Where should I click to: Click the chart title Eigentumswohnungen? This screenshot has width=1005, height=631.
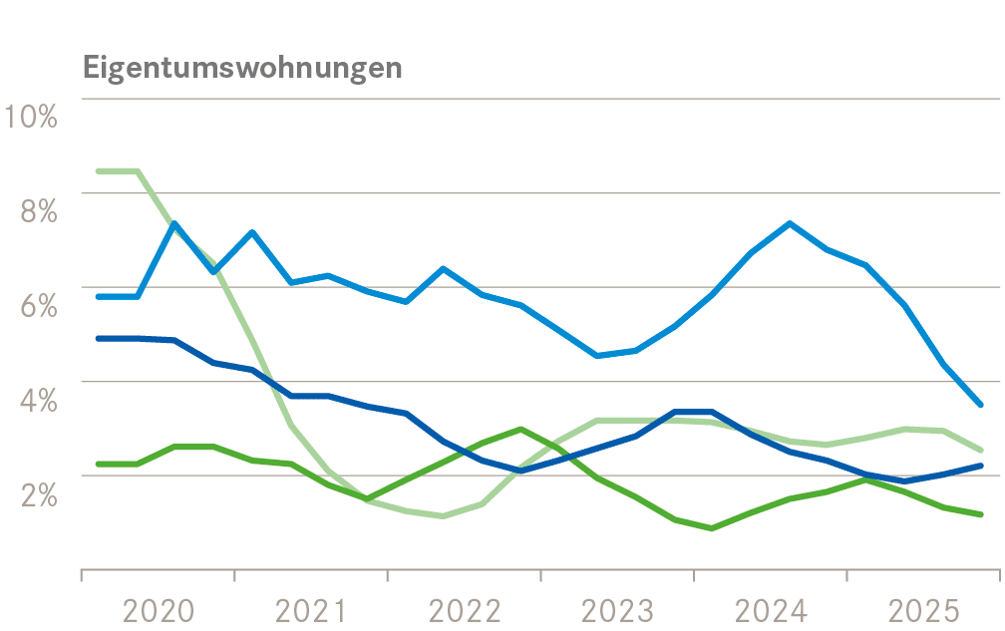coord(243,68)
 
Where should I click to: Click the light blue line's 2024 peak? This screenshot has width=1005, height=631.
coord(790,223)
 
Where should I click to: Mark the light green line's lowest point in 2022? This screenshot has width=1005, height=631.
coord(443,516)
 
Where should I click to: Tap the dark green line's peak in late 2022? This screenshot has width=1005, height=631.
coord(520,429)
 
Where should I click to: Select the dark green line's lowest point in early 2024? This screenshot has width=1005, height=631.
coord(712,528)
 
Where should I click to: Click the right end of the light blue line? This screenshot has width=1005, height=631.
coord(981,405)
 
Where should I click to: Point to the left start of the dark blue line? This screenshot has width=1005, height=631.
coord(98,339)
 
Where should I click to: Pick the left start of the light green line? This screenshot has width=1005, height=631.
coord(98,171)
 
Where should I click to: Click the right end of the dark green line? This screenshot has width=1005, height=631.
coord(981,514)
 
